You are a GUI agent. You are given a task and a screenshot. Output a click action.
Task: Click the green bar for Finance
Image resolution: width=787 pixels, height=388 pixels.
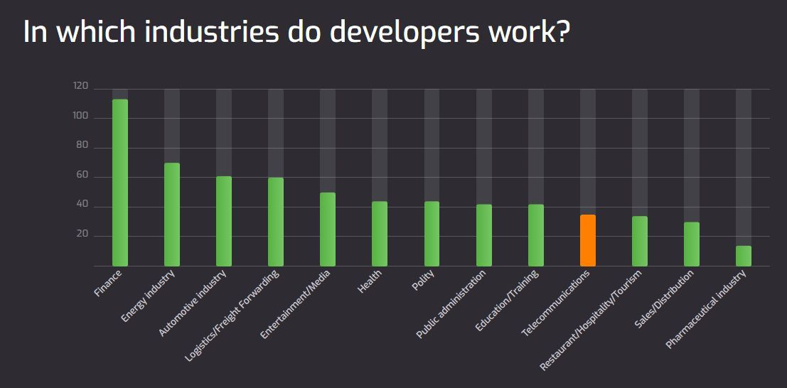coord(120,183)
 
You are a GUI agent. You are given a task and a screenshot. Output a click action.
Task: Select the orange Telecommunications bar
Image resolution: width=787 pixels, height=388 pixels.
coord(588,240)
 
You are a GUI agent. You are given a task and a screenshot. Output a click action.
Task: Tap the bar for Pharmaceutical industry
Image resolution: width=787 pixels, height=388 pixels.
coord(744,256)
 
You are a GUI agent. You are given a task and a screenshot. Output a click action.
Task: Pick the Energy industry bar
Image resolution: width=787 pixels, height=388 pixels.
coord(172,215)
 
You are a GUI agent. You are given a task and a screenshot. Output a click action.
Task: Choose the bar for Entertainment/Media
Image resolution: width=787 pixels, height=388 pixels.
coord(328,230)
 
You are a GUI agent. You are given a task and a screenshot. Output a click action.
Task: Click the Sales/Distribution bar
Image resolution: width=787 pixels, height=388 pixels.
coord(692,244)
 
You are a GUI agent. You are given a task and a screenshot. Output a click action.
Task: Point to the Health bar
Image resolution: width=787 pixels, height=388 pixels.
coord(380,234)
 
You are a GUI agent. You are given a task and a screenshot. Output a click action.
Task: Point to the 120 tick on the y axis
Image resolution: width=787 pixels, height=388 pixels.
coord(80,87)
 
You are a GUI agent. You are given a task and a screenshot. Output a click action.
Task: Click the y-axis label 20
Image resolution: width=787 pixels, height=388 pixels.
coord(82,235)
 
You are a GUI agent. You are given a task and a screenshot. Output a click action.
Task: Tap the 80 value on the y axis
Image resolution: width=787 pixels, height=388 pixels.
coord(82,146)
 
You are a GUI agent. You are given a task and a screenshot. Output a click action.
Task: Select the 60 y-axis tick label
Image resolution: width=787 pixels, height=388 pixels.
coord(82,176)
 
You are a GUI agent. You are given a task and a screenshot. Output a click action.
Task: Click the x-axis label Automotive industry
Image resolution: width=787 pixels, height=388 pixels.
coord(194,304)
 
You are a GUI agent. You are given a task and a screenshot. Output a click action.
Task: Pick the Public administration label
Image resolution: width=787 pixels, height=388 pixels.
coord(451,304)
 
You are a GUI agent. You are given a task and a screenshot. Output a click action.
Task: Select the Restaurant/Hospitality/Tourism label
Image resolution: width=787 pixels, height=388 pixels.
coord(591,320)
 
